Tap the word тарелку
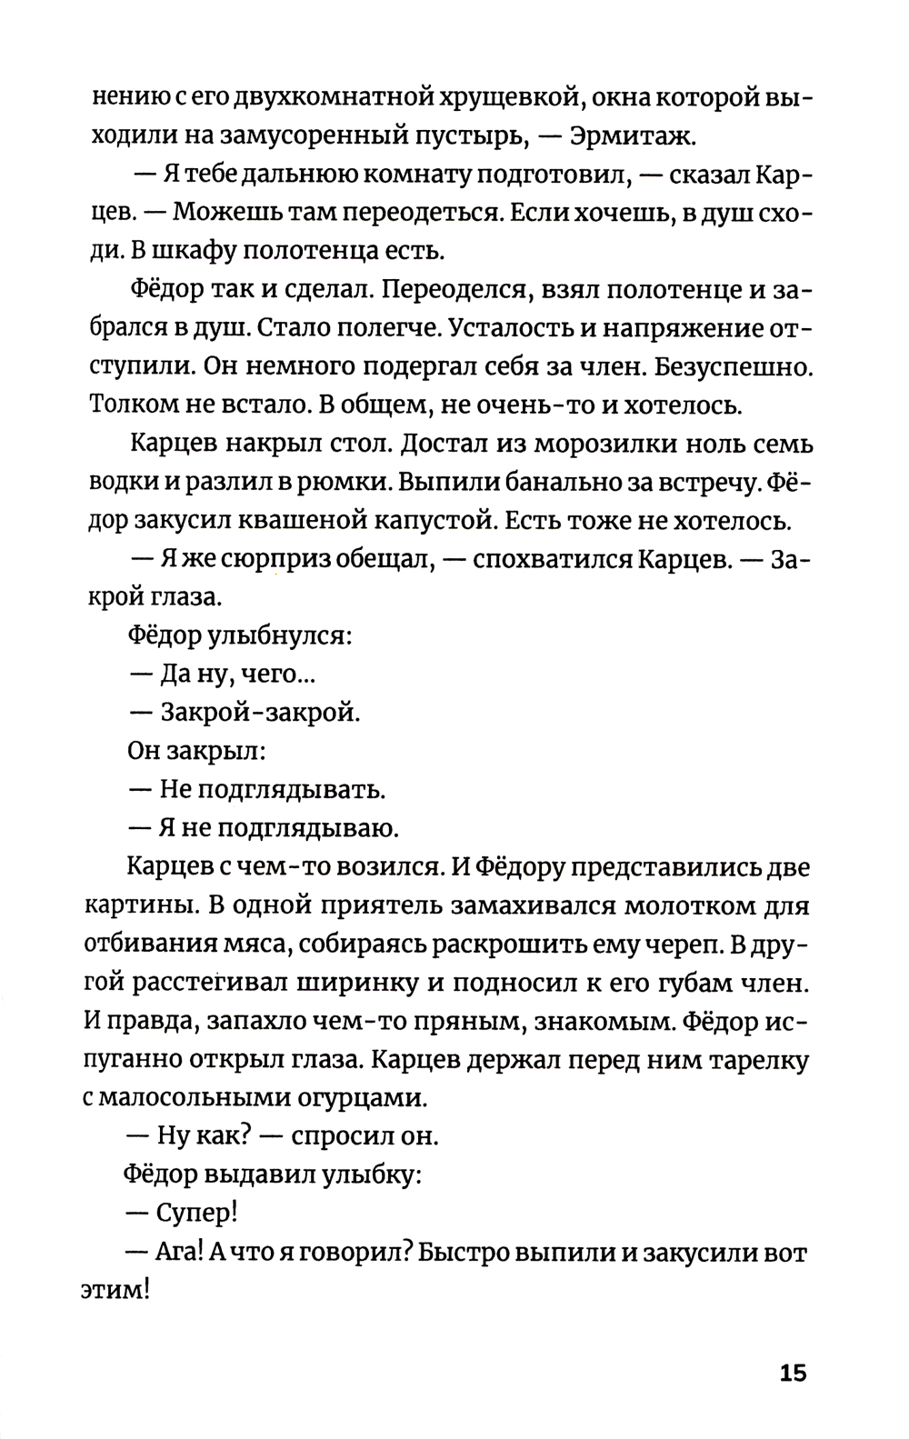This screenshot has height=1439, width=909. (x=750, y=1060)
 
